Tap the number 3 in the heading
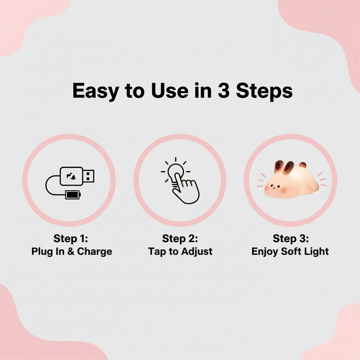(x=224, y=90)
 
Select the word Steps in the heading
(x=264, y=92)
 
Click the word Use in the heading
(x=170, y=90)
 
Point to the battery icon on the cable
(x=73, y=195)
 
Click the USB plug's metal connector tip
(x=89, y=176)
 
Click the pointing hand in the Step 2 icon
(x=186, y=188)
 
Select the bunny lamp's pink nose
(x=274, y=188)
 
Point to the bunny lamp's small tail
(x=303, y=165)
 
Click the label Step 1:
(x=71, y=239)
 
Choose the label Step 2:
(x=180, y=239)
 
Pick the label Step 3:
(x=291, y=239)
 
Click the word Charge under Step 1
(x=95, y=252)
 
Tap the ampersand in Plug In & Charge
(x=71, y=251)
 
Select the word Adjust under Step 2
(x=197, y=252)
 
